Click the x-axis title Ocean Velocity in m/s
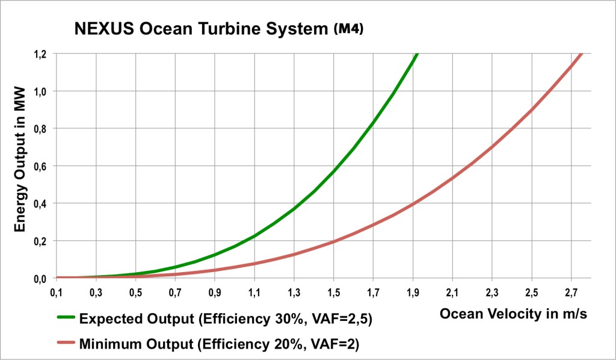click(x=513, y=314)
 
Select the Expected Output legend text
click(x=226, y=319)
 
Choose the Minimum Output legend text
click(x=219, y=344)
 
